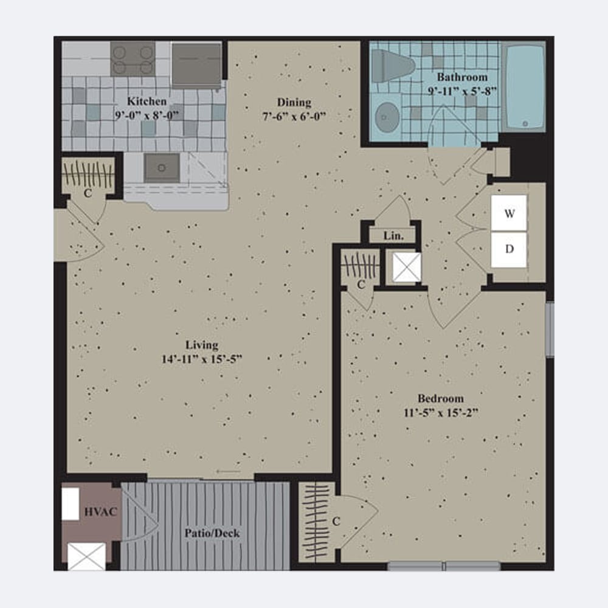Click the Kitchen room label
[147, 102]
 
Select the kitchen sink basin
[162, 168]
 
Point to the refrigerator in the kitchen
[196, 65]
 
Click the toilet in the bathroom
[392, 66]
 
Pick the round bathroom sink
[387, 117]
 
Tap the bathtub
[524, 87]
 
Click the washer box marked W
[509, 213]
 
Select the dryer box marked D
[509, 249]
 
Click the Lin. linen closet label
[393, 236]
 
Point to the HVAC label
[100, 512]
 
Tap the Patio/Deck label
[212, 533]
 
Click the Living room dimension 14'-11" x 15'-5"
[202, 359]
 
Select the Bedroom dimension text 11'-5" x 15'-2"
[441, 413]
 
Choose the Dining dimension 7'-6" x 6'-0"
[294, 116]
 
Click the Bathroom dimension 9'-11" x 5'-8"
[462, 91]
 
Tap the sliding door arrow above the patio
[229, 472]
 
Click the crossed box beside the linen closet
[407, 267]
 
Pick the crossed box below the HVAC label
[86, 557]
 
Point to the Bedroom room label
[441, 398]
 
